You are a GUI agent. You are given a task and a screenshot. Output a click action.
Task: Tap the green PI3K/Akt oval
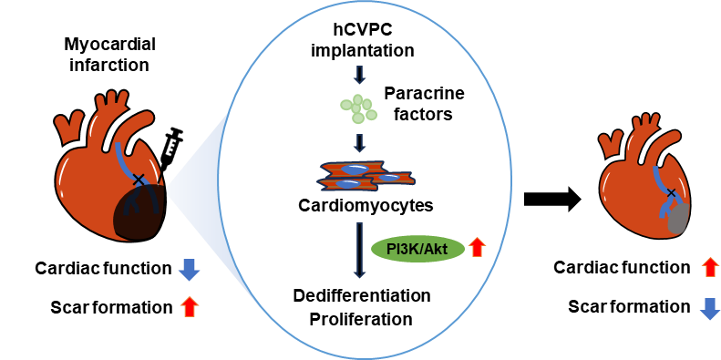pos(417,250)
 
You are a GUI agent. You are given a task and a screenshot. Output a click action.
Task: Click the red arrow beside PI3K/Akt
pos(477,249)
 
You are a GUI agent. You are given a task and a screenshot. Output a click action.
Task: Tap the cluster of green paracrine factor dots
pos(358,109)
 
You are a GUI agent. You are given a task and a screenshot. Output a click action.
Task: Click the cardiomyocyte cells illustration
pos(366,177)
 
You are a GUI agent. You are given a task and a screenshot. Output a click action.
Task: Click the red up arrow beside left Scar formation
pos(190,306)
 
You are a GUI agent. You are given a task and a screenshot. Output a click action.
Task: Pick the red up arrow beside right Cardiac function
pos(710,268)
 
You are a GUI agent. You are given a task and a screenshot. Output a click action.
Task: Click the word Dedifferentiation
pos(362,295)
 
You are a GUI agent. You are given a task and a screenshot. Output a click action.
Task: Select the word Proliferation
pos(361,319)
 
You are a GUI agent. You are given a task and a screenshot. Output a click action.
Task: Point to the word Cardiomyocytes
pos(366,205)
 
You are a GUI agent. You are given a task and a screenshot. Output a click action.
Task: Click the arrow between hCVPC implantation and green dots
pos(360,74)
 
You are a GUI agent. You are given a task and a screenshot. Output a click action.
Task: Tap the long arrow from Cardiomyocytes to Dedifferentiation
pos(360,251)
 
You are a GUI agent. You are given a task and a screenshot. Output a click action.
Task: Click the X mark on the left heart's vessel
pos(138,180)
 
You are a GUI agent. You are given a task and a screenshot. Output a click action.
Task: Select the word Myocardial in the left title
pos(110,45)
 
